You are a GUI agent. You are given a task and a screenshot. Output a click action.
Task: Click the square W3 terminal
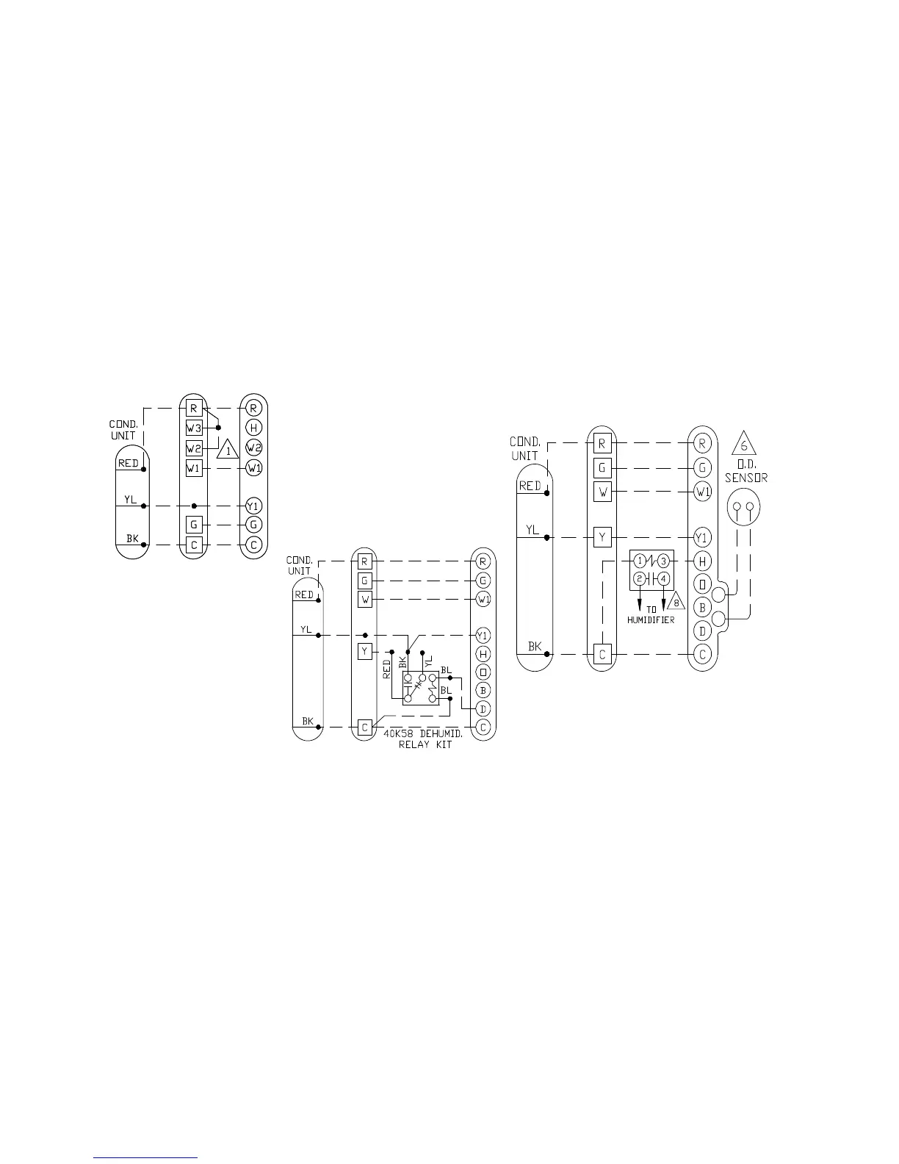tap(194, 428)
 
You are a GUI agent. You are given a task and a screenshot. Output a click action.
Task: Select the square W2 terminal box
tap(194, 448)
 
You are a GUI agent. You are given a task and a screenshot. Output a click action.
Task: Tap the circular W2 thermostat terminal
tap(254, 448)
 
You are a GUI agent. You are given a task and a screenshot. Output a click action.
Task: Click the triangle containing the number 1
tap(228, 449)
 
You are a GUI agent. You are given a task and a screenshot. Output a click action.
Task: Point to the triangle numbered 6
tap(744, 444)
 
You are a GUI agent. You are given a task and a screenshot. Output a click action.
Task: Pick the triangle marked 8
tap(676, 601)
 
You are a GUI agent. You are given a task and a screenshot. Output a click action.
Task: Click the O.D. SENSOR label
tap(746, 471)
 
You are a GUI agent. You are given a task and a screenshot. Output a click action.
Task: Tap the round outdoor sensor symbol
tap(743, 507)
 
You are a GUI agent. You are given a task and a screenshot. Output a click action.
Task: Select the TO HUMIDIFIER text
tap(651, 614)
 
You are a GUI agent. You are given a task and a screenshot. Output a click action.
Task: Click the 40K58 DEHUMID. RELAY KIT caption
tap(423, 739)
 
